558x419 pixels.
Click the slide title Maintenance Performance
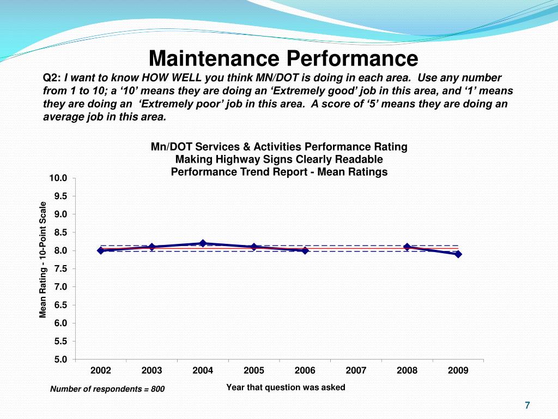[x=283, y=58]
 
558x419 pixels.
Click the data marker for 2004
[x=203, y=243]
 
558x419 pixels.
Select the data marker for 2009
[x=458, y=254]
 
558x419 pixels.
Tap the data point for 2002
[x=101, y=250]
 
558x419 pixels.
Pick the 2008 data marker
[x=407, y=247]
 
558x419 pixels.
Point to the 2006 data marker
[x=305, y=250]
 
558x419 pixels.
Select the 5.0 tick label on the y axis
[x=60, y=359]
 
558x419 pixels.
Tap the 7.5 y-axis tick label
[x=60, y=268]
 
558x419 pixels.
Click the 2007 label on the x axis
[x=356, y=370]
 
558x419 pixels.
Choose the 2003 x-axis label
[x=151, y=370]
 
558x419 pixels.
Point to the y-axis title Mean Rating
[x=43, y=260]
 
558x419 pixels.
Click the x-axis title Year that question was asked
[x=286, y=387]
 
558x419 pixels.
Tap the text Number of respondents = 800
[x=107, y=389]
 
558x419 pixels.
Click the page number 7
[x=527, y=405]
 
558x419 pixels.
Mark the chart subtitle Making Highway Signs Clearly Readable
[x=279, y=159]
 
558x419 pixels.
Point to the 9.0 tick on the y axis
[x=60, y=214]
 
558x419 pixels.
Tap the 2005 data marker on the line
[x=254, y=247]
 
